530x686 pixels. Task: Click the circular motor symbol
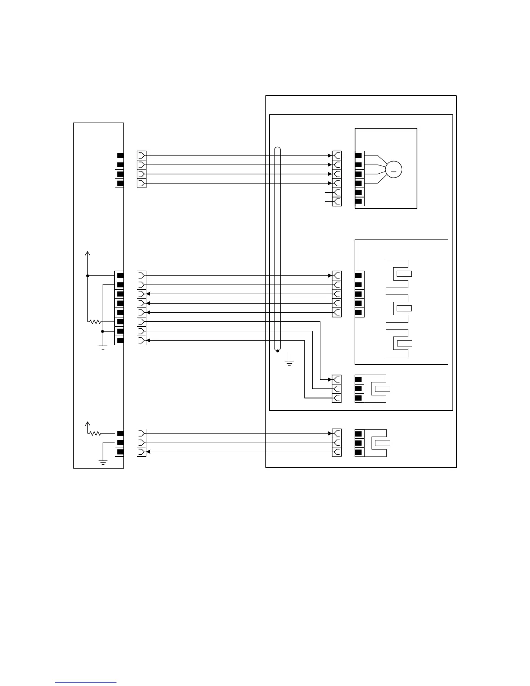coord(394,169)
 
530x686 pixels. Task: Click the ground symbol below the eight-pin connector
coord(103,347)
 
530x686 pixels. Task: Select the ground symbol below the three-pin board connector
coord(103,462)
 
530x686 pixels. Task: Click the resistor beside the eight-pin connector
coord(95,322)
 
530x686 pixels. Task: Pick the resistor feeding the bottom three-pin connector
coord(95,433)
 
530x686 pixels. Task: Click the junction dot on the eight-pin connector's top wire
coord(87,275)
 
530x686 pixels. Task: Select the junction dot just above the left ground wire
coord(103,331)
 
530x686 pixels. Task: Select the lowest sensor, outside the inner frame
coord(376,443)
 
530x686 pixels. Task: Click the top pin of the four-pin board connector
coord(120,155)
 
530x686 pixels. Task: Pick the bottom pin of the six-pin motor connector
coord(359,202)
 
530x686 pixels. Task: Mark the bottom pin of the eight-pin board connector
coord(120,340)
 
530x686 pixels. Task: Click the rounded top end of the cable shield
coord(278,150)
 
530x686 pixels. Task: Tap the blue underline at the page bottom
coord(86,682)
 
